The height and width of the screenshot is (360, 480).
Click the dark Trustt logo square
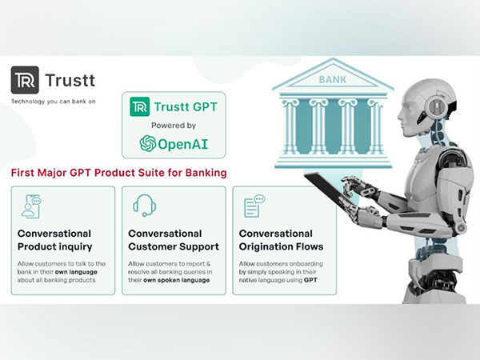[25, 80]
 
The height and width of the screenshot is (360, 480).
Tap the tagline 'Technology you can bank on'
[54, 102]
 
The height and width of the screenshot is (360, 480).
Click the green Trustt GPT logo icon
[139, 107]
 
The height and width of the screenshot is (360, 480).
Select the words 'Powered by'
[174, 126]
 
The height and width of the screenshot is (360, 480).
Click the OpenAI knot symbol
[148, 143]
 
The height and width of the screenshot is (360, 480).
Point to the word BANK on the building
[333, 80]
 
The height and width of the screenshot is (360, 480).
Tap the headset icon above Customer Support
[145, 206]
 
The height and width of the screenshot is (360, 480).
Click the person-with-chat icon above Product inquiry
[32, 206]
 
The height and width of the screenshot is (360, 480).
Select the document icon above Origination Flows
[254, 206]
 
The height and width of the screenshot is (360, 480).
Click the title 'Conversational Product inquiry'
[54, 240]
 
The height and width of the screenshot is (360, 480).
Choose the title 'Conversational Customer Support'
[174, 240]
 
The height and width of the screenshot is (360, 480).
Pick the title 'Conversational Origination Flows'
[281, 240]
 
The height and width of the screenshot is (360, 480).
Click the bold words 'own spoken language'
[176, 280]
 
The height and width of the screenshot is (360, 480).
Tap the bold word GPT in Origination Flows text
[310, 280]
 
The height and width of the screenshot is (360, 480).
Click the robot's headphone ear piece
[434, 106]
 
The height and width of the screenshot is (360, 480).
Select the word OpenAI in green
[182, 144]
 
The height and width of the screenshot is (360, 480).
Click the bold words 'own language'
[76, 272]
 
